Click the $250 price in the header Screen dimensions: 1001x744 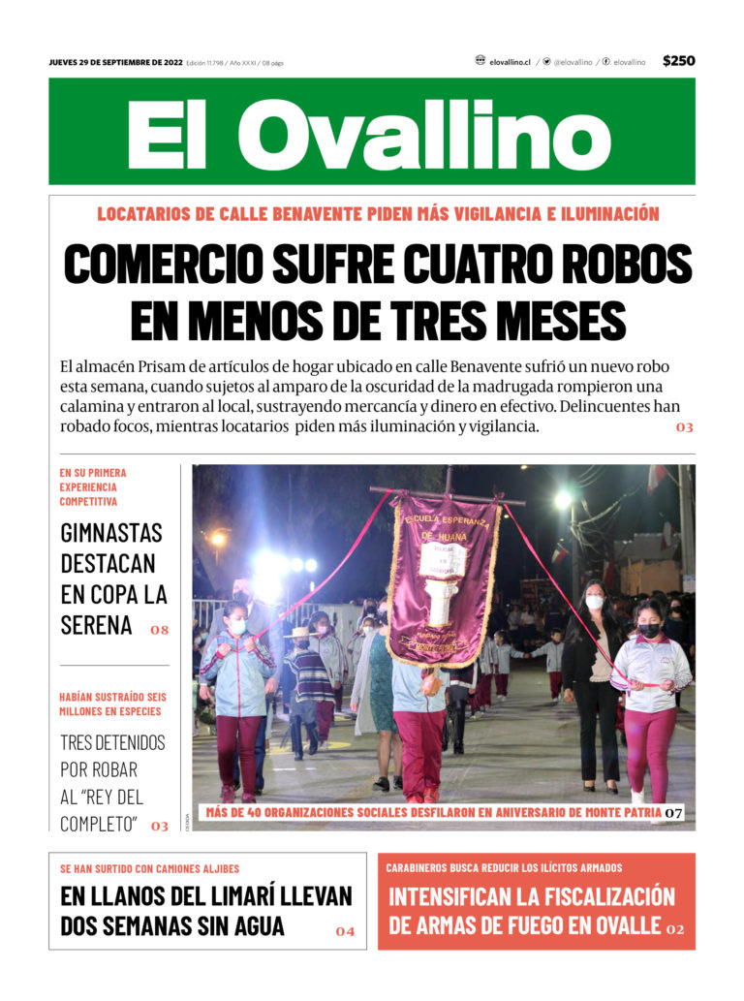[678, 61]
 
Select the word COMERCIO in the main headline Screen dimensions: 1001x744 [161, 264]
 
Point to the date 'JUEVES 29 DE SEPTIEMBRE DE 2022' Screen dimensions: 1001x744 [115, 62]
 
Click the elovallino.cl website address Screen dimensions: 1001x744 [510, 62]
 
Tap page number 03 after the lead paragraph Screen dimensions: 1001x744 [685, 427]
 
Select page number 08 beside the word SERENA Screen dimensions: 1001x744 [159, 630]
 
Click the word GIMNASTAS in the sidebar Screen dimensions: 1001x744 [111, 533]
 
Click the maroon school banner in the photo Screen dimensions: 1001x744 [443, 579]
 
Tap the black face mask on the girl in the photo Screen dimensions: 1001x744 [649, 630]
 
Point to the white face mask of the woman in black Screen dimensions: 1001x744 [595, 602]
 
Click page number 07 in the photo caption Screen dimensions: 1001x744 [673, 812]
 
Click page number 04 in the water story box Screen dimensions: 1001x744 [345, 931]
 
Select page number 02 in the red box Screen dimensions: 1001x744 [675, 929]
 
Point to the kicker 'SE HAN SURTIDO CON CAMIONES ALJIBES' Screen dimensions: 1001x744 [149, 868]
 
